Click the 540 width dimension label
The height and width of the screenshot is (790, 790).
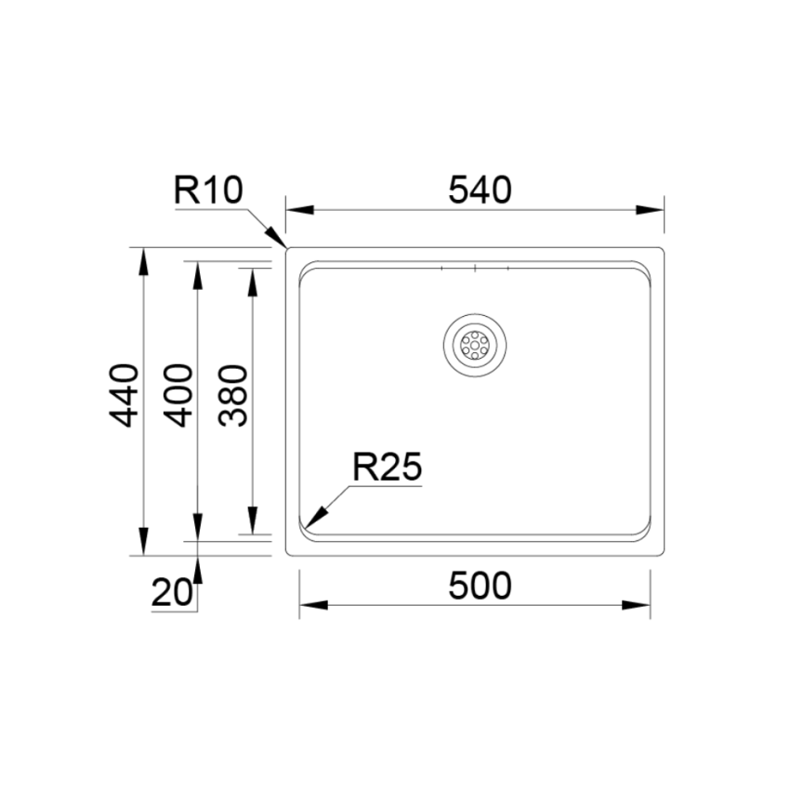pos(480,190)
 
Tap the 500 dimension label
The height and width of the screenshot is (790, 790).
pos(480,586)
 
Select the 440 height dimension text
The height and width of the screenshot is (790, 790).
pos(125,395)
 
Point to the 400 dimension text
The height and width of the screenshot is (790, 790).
pos(178,395)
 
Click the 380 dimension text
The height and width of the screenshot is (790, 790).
pos(233,395)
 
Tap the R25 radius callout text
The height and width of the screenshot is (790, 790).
pos(388,467)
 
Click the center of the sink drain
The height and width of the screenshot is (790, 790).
pos(475,345)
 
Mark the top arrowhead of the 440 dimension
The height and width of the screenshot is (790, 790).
pos(143,261)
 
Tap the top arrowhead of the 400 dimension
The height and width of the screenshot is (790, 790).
pos(197,275)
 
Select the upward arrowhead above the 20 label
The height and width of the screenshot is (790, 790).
pos(197,568)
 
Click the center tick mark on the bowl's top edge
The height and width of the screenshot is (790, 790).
pos(475,269)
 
